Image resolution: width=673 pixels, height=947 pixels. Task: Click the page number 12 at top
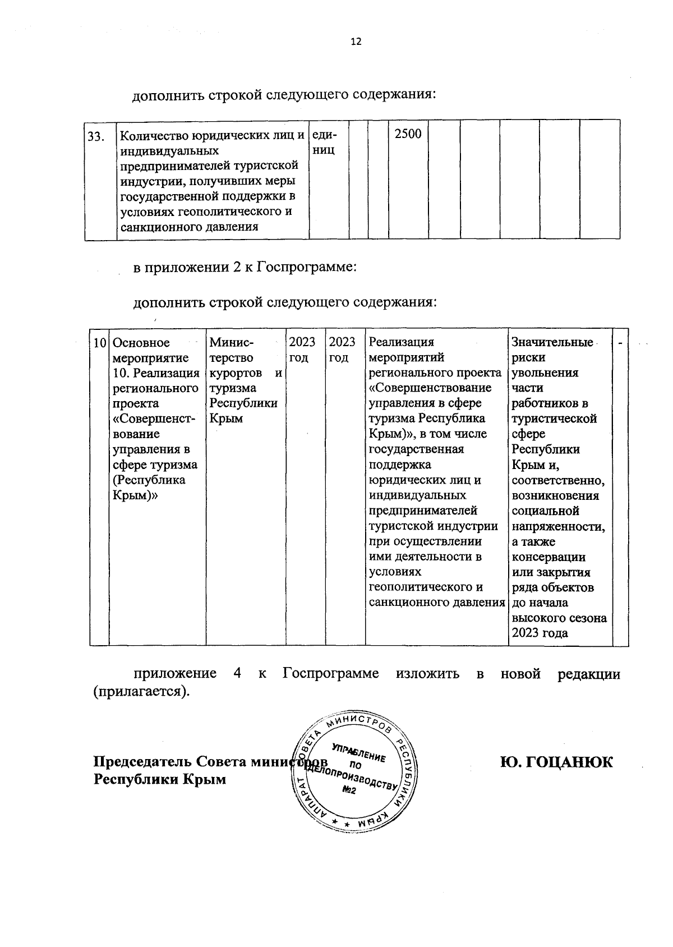click(x=356, y=42)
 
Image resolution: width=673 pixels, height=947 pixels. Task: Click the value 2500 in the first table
click(x=408, y=134)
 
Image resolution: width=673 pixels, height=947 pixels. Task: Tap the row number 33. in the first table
click(x=96, y=136)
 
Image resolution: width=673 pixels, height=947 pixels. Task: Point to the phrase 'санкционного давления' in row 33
click(x=189, y=227)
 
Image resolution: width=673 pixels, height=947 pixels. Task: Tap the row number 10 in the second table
click(x=99, y=343)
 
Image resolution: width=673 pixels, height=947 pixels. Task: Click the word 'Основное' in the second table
click(x=141, y=343)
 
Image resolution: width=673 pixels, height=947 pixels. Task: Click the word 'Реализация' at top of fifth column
click(x=402, y=342)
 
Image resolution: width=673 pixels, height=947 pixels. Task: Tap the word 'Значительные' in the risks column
click(x=552, y=342)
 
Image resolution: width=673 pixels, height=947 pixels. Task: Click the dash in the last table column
click(x=620, y=342)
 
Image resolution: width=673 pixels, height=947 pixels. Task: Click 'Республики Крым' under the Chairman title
click(x=159, y=779)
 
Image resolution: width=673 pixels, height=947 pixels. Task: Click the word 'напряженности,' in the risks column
click(x=558, y=526)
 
